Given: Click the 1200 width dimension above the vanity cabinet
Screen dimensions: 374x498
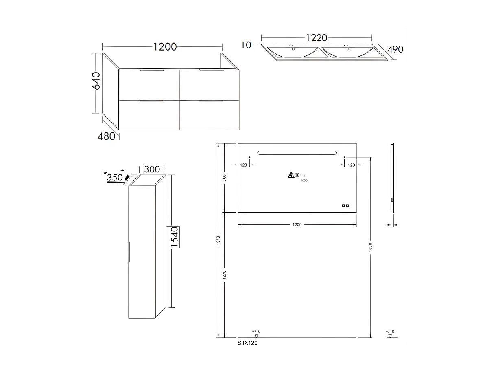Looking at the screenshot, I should tap(165, 47).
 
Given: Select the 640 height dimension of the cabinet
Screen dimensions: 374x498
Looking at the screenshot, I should tap(96, 81).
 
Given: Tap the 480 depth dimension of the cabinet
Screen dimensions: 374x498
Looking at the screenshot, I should tap(107, 136).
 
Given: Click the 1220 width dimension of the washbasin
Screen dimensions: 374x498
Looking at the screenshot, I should tap(316, 37).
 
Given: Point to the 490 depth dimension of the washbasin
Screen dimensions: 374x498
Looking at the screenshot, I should tap(395, 49).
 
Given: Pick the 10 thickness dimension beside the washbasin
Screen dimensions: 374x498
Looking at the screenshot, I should tap(246, 45).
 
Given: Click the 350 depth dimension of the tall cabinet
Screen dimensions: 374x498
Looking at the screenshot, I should tap(114, 178).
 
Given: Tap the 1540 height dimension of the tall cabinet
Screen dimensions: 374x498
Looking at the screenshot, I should tap(174, 237).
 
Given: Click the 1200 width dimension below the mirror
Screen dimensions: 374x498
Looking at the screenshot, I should tap(297, 225).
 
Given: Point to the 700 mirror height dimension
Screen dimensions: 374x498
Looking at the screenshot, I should tap(224, 178).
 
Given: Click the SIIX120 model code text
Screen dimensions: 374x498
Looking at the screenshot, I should tap(247, 343).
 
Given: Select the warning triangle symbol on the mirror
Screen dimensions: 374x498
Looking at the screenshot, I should tap(290, 175).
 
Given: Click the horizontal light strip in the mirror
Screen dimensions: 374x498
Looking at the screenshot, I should tap(297, 152).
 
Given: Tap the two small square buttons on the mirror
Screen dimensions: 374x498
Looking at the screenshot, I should tap(345, 205).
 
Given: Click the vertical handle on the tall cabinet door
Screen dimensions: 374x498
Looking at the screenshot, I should tap(129, 251).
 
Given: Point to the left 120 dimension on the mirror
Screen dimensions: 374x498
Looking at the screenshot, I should tap(244, 165).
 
